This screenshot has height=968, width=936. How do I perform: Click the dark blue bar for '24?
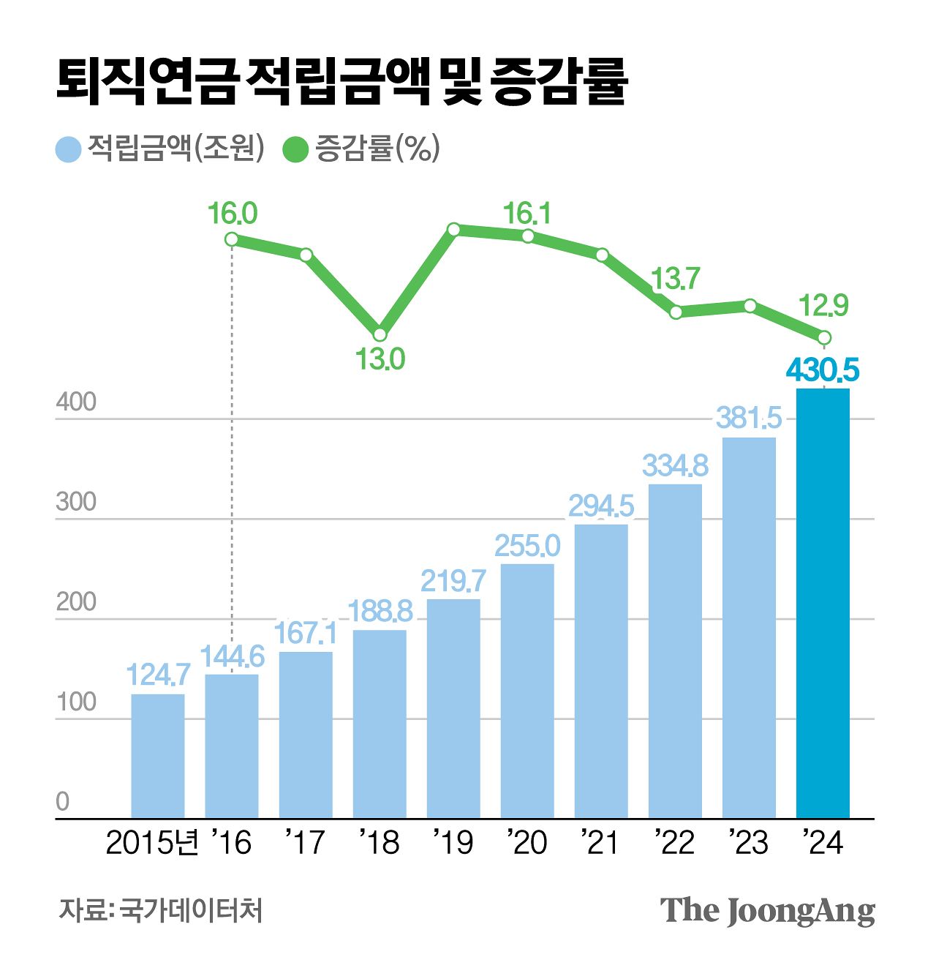(x=823, y=603)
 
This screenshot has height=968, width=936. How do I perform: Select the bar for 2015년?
(x=158, y=756)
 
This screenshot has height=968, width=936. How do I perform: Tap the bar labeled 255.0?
(x=527, y=691)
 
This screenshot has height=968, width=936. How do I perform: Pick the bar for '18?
(x=380, y=724)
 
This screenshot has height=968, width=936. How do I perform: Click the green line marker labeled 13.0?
(x=380, y=335)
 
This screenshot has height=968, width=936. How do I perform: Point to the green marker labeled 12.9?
(x=824, y=337)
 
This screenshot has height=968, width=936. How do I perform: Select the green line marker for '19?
(x=453, y=230)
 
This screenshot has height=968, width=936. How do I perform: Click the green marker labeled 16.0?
(x=232, y=239)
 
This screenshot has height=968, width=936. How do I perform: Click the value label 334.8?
(x=675, y=465)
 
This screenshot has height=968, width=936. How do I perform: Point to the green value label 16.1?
(x=526, y=214)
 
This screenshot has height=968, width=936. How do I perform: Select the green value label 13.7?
(x=675, y=279)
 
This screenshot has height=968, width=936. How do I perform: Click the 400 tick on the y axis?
(x=76, y=402)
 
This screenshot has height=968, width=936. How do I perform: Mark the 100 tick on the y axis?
(x=76, y=702)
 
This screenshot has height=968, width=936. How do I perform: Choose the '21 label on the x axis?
(x=600, y=843)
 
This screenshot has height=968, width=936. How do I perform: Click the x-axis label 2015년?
(x=152, y=843)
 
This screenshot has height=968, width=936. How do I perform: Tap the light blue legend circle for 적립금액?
(x=68, y=149)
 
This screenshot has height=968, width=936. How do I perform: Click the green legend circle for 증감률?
(x=295, y=149)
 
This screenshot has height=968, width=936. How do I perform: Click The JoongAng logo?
(x=767, y=911)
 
